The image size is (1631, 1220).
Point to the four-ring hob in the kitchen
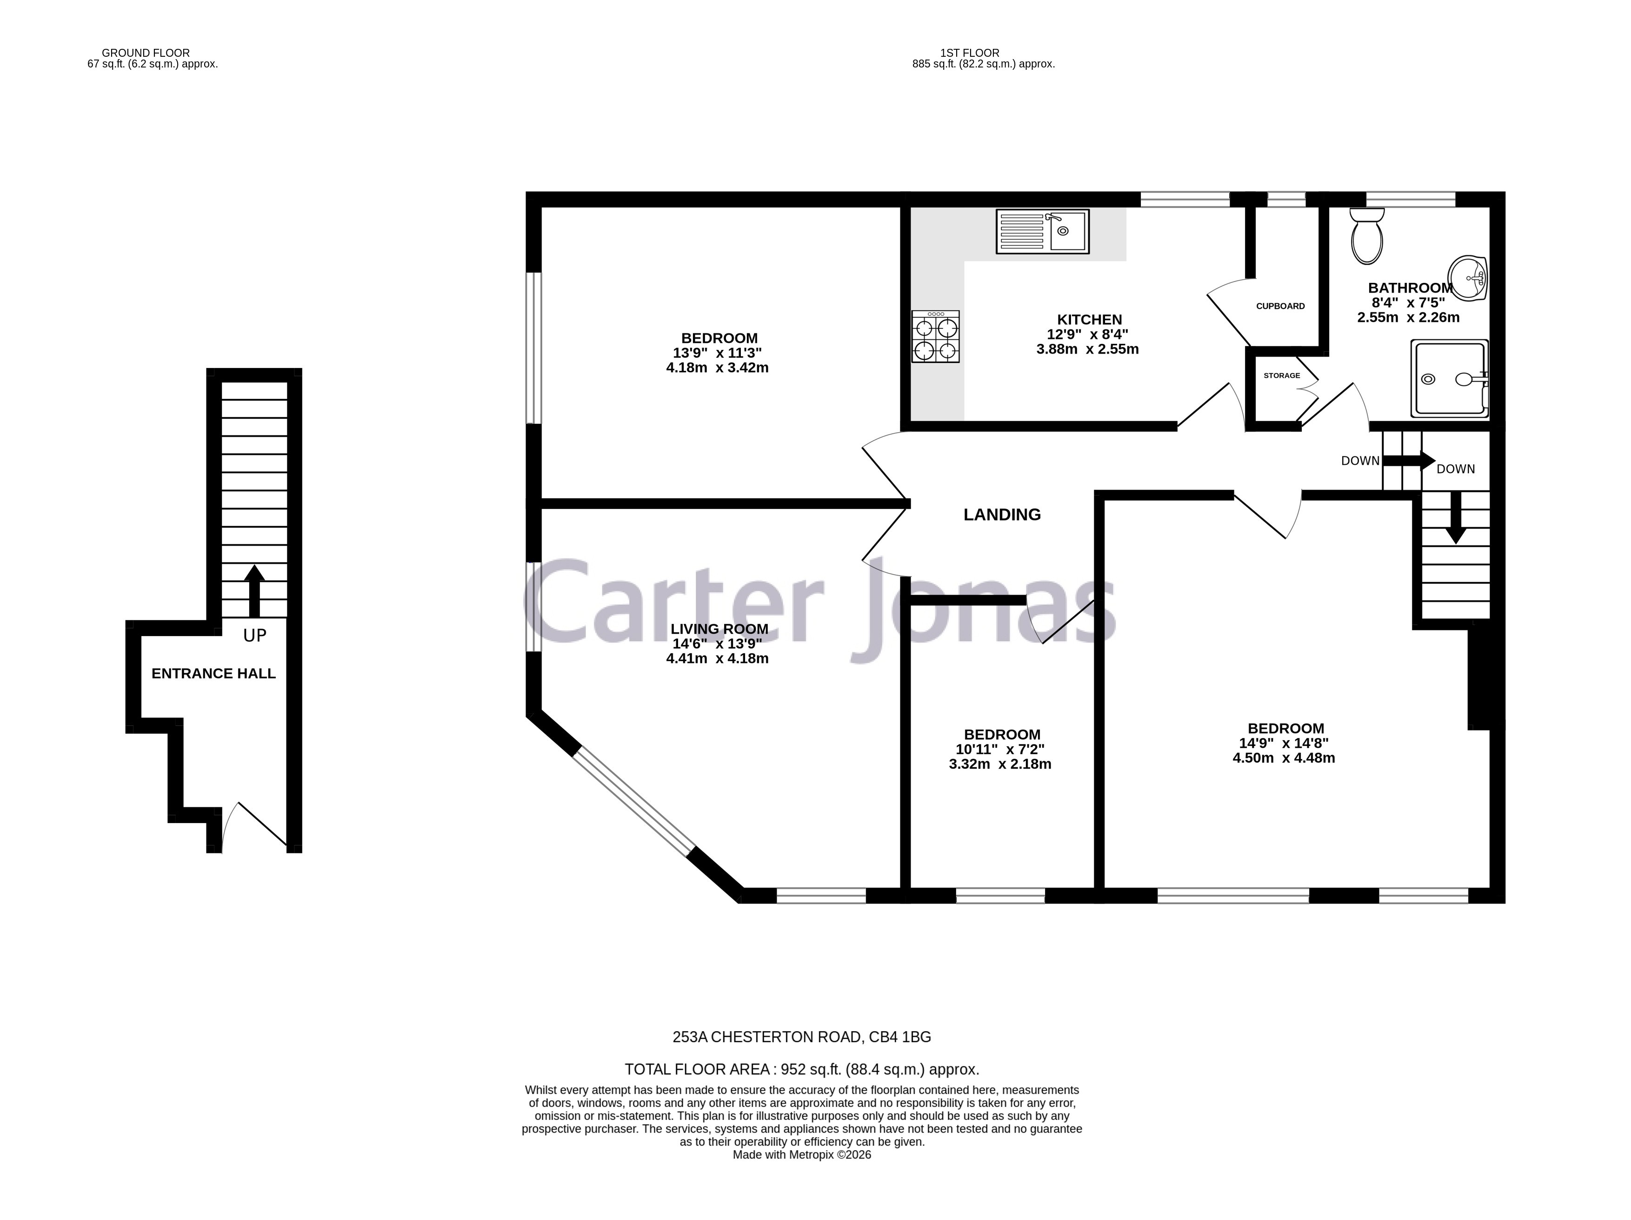point(936,336)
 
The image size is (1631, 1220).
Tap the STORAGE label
point(1282,375)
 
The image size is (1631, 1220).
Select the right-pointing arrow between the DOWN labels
point(1408,461)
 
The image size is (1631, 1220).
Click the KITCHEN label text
point(1089,319)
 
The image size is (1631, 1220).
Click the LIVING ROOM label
point(719,629)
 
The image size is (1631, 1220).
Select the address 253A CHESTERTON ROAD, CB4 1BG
point(801,1037)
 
